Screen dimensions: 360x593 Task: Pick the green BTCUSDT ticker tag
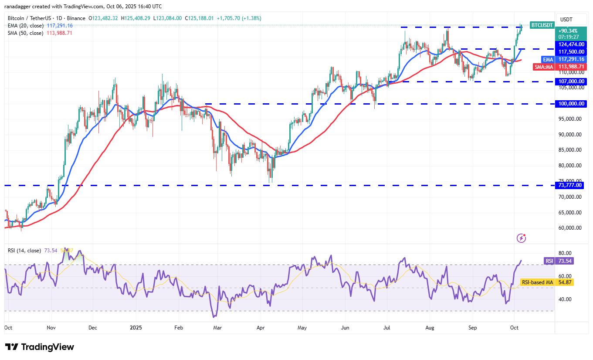click(542, 25)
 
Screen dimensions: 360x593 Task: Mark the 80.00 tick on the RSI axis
click(565, 253)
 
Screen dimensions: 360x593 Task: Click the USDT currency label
click(566, 19)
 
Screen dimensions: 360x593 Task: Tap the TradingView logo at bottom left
click(40, 347)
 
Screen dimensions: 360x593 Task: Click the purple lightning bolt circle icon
click(521, 238)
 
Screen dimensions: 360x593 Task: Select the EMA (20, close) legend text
click(26, 25)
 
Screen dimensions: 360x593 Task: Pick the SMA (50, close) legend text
click(26, 33)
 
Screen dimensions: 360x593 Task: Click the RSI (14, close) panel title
click(24, 251)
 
